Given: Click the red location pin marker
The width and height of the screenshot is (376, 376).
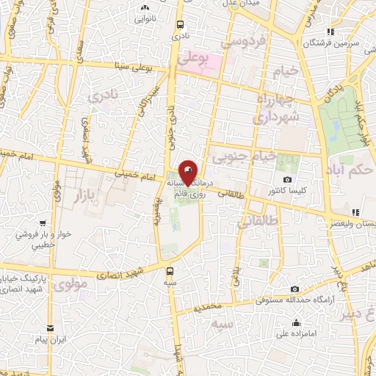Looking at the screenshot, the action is coord(188,172).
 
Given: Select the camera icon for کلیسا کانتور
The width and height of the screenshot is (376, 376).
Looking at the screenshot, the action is coord(287,180).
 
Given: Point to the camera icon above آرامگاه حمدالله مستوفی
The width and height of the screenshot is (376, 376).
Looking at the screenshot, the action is coord(294,289).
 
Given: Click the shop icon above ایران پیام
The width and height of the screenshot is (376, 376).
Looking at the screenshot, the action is coord(50,328).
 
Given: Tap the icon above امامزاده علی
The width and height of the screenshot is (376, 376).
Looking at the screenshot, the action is coord(295,323).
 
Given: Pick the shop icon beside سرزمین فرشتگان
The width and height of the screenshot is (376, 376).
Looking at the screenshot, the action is coord(331,32).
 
